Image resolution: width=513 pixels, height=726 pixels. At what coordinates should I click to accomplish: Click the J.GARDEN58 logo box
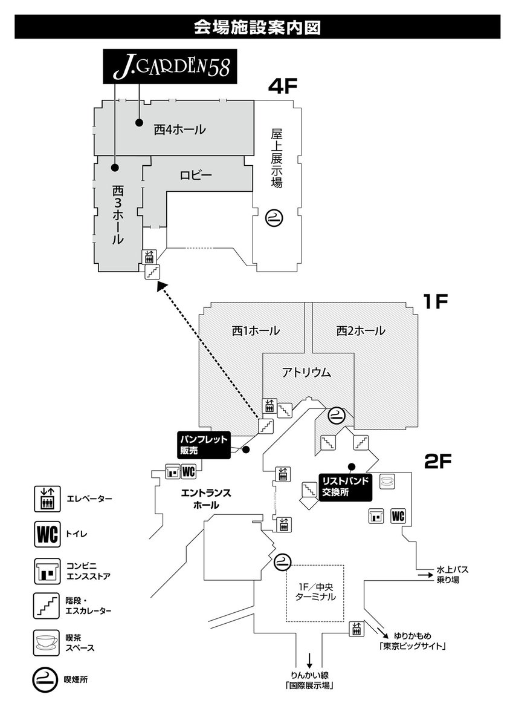[170, 67]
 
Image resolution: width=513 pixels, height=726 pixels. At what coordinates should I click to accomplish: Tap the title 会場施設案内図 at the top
[256, 27]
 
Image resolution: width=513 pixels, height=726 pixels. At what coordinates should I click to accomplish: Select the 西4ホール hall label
[179, 129]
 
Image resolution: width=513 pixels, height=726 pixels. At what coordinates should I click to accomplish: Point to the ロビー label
[196, 176]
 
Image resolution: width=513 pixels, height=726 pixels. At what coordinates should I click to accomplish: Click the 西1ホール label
[256, 331]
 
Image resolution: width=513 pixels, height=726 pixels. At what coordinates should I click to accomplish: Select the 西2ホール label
[361, 331]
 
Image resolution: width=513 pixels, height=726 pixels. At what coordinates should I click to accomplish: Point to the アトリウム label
[306, 373]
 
